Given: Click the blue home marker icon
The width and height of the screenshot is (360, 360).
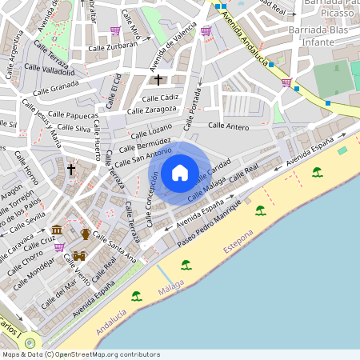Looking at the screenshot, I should [x=180, y=172].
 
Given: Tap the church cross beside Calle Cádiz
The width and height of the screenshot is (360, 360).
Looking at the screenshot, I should [x=158, y=79].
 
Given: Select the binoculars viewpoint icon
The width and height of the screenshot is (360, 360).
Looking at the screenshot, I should [x=79, y=256].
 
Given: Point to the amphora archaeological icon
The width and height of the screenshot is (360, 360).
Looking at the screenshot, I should [x=86, y=234].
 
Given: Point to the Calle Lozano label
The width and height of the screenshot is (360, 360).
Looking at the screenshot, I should [x=150, y=128].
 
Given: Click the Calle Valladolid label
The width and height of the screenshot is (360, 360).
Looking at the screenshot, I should [x=51, y=70].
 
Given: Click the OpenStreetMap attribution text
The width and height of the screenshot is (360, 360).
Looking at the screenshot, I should [x=80, y=354].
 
